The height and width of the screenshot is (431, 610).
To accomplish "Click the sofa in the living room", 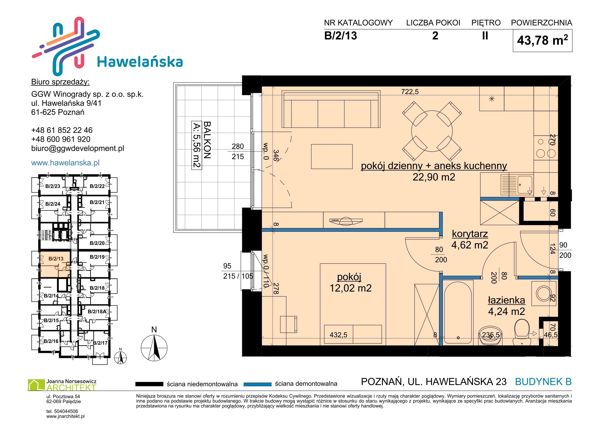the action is tap(331, 109).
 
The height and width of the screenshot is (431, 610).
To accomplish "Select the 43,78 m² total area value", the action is tap(542, 40).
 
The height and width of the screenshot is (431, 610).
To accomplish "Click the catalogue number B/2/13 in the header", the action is tap(340, 36).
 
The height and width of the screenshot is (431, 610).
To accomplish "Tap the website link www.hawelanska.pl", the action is tap(65, 163).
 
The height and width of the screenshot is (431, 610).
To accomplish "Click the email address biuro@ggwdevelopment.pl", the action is tap(78, 148).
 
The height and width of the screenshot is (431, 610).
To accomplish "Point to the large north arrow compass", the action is tap(154, 348).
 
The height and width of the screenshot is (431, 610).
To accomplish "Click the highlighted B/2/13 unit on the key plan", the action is tap(55, 264).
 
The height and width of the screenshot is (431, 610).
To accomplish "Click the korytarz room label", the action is tap(470, 234).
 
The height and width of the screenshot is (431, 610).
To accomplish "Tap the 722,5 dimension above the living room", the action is tap(410, 92).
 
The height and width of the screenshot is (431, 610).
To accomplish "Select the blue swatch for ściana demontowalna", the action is tap(257, 384).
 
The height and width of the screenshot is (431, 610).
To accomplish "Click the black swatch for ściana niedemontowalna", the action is tap(149, 384).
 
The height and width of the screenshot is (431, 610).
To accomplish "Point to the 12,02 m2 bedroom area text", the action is tap(350, 288).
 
